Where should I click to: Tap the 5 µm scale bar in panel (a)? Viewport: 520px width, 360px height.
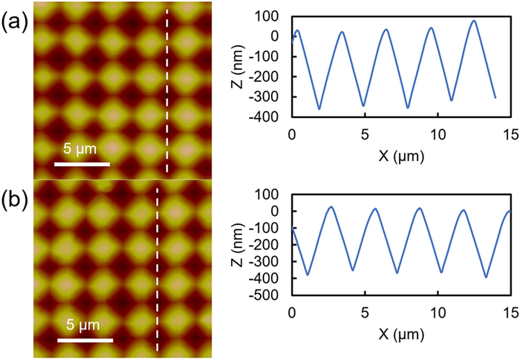(x=82, y=163)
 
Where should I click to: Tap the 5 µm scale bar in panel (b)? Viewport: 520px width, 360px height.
(x=85, y=339)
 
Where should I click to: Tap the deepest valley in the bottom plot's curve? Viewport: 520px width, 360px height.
(x=487, y=277)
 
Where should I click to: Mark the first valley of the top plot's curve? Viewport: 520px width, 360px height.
(x=319, y=109)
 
